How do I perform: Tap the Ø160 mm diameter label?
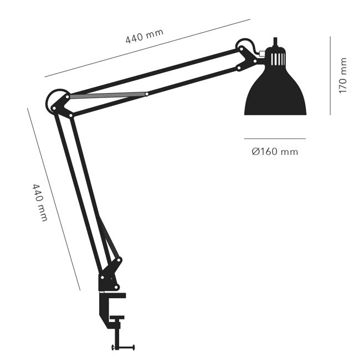(274, 151)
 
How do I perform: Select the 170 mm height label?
(343, 75)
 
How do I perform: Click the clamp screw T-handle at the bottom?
(124, 347)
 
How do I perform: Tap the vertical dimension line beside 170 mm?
(330, 75)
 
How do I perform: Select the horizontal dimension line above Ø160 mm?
(275, 138)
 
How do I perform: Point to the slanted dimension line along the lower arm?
(54, 199)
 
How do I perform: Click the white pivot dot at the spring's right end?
(146, 94)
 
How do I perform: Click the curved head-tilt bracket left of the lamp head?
(247, 48)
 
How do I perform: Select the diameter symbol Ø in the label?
(255, 151)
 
